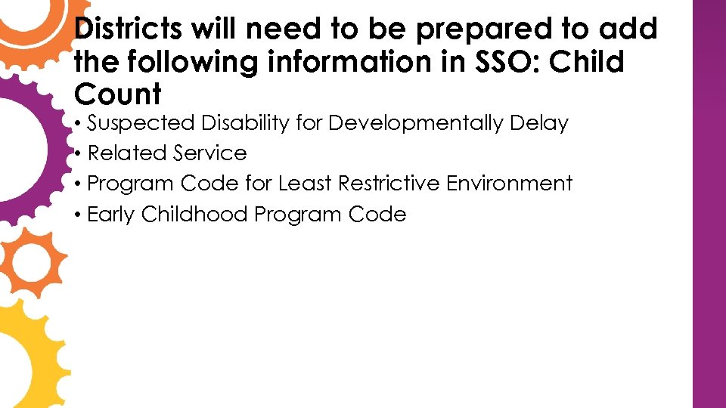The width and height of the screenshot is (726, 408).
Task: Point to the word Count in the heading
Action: (x=118, y=94)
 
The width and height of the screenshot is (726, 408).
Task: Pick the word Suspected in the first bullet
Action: (x=141, y=123)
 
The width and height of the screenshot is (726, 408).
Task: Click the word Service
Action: (x=209, y=153)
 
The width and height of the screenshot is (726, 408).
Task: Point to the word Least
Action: (x=304, y=184)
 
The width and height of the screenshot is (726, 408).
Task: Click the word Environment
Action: (x=510, y=184)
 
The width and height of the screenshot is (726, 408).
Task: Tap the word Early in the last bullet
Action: (x=111, y=215)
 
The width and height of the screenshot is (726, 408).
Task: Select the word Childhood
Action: (x=194, y=215)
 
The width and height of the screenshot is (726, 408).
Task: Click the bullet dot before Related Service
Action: (x=79, y=154)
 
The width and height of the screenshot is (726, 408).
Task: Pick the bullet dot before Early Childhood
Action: (x=79, y=215)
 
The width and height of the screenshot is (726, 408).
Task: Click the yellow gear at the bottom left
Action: (x=26, y=355)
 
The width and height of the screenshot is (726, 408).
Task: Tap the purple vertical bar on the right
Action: (x=709, y=204)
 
